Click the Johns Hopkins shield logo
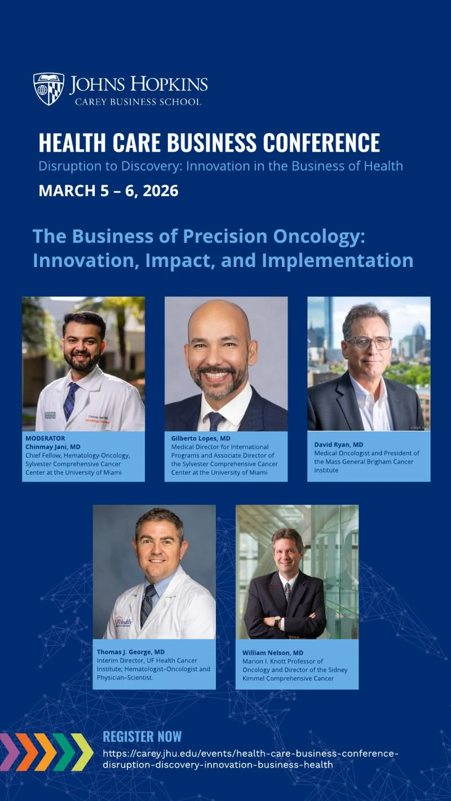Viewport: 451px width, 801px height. click(48, 88)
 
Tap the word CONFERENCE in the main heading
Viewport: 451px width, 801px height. click(321, 143)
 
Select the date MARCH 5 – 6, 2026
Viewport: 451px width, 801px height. click(108, 190)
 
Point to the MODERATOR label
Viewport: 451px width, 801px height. click(45, 438)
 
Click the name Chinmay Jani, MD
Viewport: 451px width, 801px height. click(52, 447)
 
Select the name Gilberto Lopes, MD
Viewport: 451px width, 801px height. click(201, 438)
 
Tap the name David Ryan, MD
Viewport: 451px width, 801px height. click(339, 444)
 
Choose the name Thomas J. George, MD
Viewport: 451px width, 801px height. click(131, 652)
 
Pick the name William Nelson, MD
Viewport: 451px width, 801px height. click(273, 653)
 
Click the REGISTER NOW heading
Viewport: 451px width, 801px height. click(142, 737)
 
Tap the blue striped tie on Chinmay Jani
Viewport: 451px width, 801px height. click(71, 400)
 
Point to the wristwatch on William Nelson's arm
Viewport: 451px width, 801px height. click(277, 622)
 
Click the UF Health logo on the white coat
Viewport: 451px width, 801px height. click(123, 622)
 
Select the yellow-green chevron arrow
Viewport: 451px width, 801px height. click(82, 751)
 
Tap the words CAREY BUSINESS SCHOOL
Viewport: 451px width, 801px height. click(138, 102)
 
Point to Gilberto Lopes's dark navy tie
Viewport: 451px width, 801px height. click(216, 421)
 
